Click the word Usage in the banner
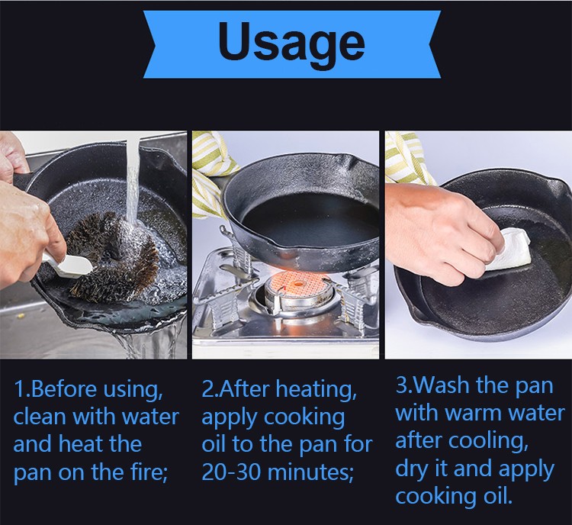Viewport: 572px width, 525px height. click(291, 43)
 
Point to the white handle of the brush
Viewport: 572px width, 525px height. click(66, 264)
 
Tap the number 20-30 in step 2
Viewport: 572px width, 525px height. click(231, 472)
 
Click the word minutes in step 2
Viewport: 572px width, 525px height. click(310, 472)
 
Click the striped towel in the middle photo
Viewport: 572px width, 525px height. click(210, 172)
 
